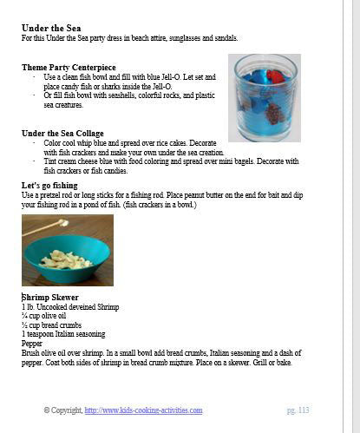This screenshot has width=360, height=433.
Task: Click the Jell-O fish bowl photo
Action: coord(264,97)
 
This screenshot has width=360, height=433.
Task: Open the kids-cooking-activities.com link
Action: coord(143,410)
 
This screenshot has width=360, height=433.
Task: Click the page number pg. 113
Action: coord(298,410)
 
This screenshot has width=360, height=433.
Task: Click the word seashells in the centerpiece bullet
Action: coord(122,96)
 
